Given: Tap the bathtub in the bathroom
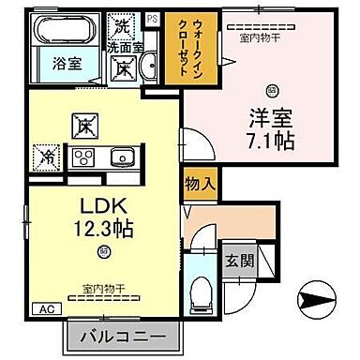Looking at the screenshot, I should (x=61, y=31).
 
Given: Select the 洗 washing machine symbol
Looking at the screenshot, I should (x=121, y=22).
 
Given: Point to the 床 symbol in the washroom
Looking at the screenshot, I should (x=123, y=67).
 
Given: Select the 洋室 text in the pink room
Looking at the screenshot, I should (x=269, y=121).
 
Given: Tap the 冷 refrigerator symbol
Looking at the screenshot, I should (x=45, y=155).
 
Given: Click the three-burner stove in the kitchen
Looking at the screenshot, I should (x=84, y=157).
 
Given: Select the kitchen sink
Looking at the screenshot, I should (x=123, y=157).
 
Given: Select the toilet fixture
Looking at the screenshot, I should (x=199, y=292).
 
